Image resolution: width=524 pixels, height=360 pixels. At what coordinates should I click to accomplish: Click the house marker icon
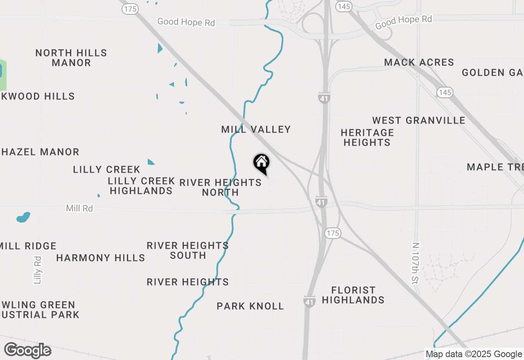coord(261,163)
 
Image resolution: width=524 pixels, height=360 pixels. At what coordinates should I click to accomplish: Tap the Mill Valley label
coord(256,129)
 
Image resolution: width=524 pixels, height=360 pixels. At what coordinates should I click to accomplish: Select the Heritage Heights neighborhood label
coord(367,137)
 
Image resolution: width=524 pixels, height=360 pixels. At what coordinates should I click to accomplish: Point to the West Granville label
coord(418,120)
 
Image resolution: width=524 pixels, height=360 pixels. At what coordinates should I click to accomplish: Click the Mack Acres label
coord(419,62)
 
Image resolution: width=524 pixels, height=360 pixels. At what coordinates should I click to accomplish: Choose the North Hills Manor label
coord(71,58)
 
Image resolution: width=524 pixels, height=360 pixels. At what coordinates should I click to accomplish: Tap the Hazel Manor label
coord(40,152)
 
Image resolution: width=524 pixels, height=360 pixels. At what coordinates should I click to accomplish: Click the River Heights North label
coord(220,187)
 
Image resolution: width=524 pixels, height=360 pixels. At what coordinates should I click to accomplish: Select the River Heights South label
coord(187,250)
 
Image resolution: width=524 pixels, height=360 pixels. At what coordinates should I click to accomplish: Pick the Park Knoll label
coord(250,306)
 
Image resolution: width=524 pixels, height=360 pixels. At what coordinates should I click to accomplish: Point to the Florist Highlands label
coord(353,295)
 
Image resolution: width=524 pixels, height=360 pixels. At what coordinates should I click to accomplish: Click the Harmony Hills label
coord(101,258)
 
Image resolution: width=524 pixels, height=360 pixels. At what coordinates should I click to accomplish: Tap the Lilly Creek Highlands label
coord(141,186)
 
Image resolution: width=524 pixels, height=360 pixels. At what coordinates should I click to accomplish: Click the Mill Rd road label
coord(79,208)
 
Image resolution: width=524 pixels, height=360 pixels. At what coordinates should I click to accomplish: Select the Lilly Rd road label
coord(38,270)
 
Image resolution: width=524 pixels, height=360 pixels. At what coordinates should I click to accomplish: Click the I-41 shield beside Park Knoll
coord(309,301)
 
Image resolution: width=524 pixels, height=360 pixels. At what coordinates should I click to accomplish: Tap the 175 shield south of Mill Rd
coord(332,233)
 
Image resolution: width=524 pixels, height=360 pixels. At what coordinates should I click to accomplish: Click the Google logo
coord(27,350)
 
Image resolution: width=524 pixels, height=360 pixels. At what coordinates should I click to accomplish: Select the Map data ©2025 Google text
coord(474,354)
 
